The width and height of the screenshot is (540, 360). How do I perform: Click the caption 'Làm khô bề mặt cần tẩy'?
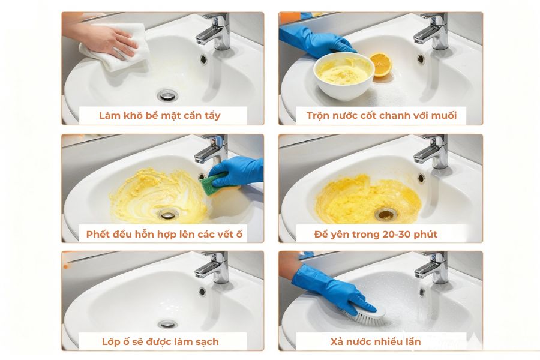[x=160, y=115]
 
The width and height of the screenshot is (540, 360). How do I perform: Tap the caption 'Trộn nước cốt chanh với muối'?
[x=381, y=115]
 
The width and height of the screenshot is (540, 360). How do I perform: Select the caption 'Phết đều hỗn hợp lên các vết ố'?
[x=164, y=233]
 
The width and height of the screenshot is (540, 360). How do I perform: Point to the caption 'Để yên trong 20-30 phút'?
[x=376, y=233]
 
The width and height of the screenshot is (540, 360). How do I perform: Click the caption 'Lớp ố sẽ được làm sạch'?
[x=160, y=341]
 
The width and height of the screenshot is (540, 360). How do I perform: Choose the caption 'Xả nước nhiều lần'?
[x=376, y=341]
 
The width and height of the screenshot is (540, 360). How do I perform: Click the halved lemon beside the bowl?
[x=380, y=64]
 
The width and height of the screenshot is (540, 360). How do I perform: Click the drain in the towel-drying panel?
[x=167, y=95]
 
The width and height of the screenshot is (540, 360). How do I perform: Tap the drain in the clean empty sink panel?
[x=167, y=324]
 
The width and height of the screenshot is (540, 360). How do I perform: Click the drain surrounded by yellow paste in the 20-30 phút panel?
[x=385, y=214]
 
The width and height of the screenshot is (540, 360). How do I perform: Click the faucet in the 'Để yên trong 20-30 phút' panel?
[x=433, y=150]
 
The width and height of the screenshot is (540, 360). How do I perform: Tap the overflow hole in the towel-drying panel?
[x=203, y=59]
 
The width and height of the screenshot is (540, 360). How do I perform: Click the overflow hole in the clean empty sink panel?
[x=202, y=291]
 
